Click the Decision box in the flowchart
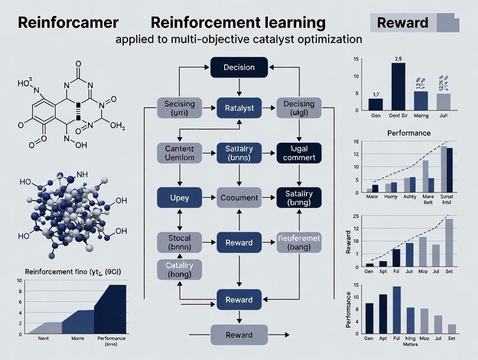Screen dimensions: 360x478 [239, 67]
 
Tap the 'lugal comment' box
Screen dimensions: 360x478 [299, 153]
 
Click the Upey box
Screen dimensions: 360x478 [180, 198]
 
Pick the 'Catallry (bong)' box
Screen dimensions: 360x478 [179, 269]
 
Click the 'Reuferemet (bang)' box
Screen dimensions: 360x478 [299, 243]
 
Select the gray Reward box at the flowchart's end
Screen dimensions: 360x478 [239, 335]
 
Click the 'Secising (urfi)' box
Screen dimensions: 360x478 [180, 108]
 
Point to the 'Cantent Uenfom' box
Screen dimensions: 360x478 [180, 153]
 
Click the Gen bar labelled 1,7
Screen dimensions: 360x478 [375, 104]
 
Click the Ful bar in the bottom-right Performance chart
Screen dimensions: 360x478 [397, 309]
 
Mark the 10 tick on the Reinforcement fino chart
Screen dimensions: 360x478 [19, 280]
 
